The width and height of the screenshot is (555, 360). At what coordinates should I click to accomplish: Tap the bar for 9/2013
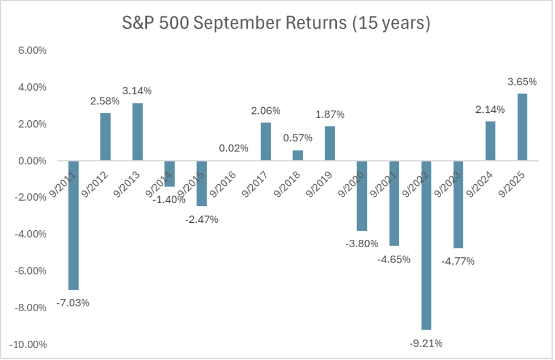[137, 132]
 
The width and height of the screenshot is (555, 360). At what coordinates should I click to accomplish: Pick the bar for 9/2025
[522, 127]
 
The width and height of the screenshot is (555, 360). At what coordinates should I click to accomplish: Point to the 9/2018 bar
[298, 155]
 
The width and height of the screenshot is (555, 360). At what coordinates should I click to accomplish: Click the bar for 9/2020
[361, 196]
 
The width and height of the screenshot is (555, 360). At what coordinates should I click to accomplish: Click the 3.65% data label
[522, 81]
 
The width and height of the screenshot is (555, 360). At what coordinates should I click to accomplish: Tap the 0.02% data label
[233, 149]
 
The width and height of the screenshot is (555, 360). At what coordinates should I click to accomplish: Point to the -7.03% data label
[73, 303]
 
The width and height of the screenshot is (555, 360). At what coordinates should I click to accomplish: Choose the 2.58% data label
[105, 101]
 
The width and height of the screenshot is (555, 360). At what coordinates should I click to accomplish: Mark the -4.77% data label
[458, 261]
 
